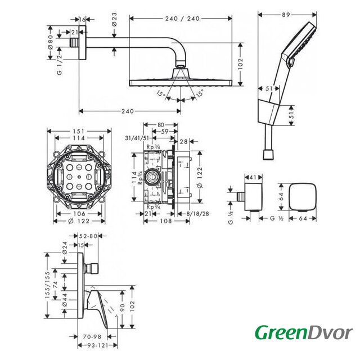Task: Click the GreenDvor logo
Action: [304, 333]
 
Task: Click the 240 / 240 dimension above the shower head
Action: [182, 19]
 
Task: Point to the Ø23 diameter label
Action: [114, 19]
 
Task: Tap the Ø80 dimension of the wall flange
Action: [51, 42]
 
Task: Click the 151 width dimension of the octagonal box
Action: [79, 131]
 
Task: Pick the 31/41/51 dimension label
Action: [137, 138]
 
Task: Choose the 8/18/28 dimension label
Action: [197, 214]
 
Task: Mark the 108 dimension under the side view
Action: [166, 221]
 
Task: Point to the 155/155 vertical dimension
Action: [47, 285]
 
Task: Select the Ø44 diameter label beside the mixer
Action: [65, 299]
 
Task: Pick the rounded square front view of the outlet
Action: [303, 196]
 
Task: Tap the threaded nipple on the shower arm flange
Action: [74, 43]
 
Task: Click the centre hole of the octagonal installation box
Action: [79, 177]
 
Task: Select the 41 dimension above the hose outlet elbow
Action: [253, 177]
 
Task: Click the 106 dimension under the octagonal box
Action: [79, 214]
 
